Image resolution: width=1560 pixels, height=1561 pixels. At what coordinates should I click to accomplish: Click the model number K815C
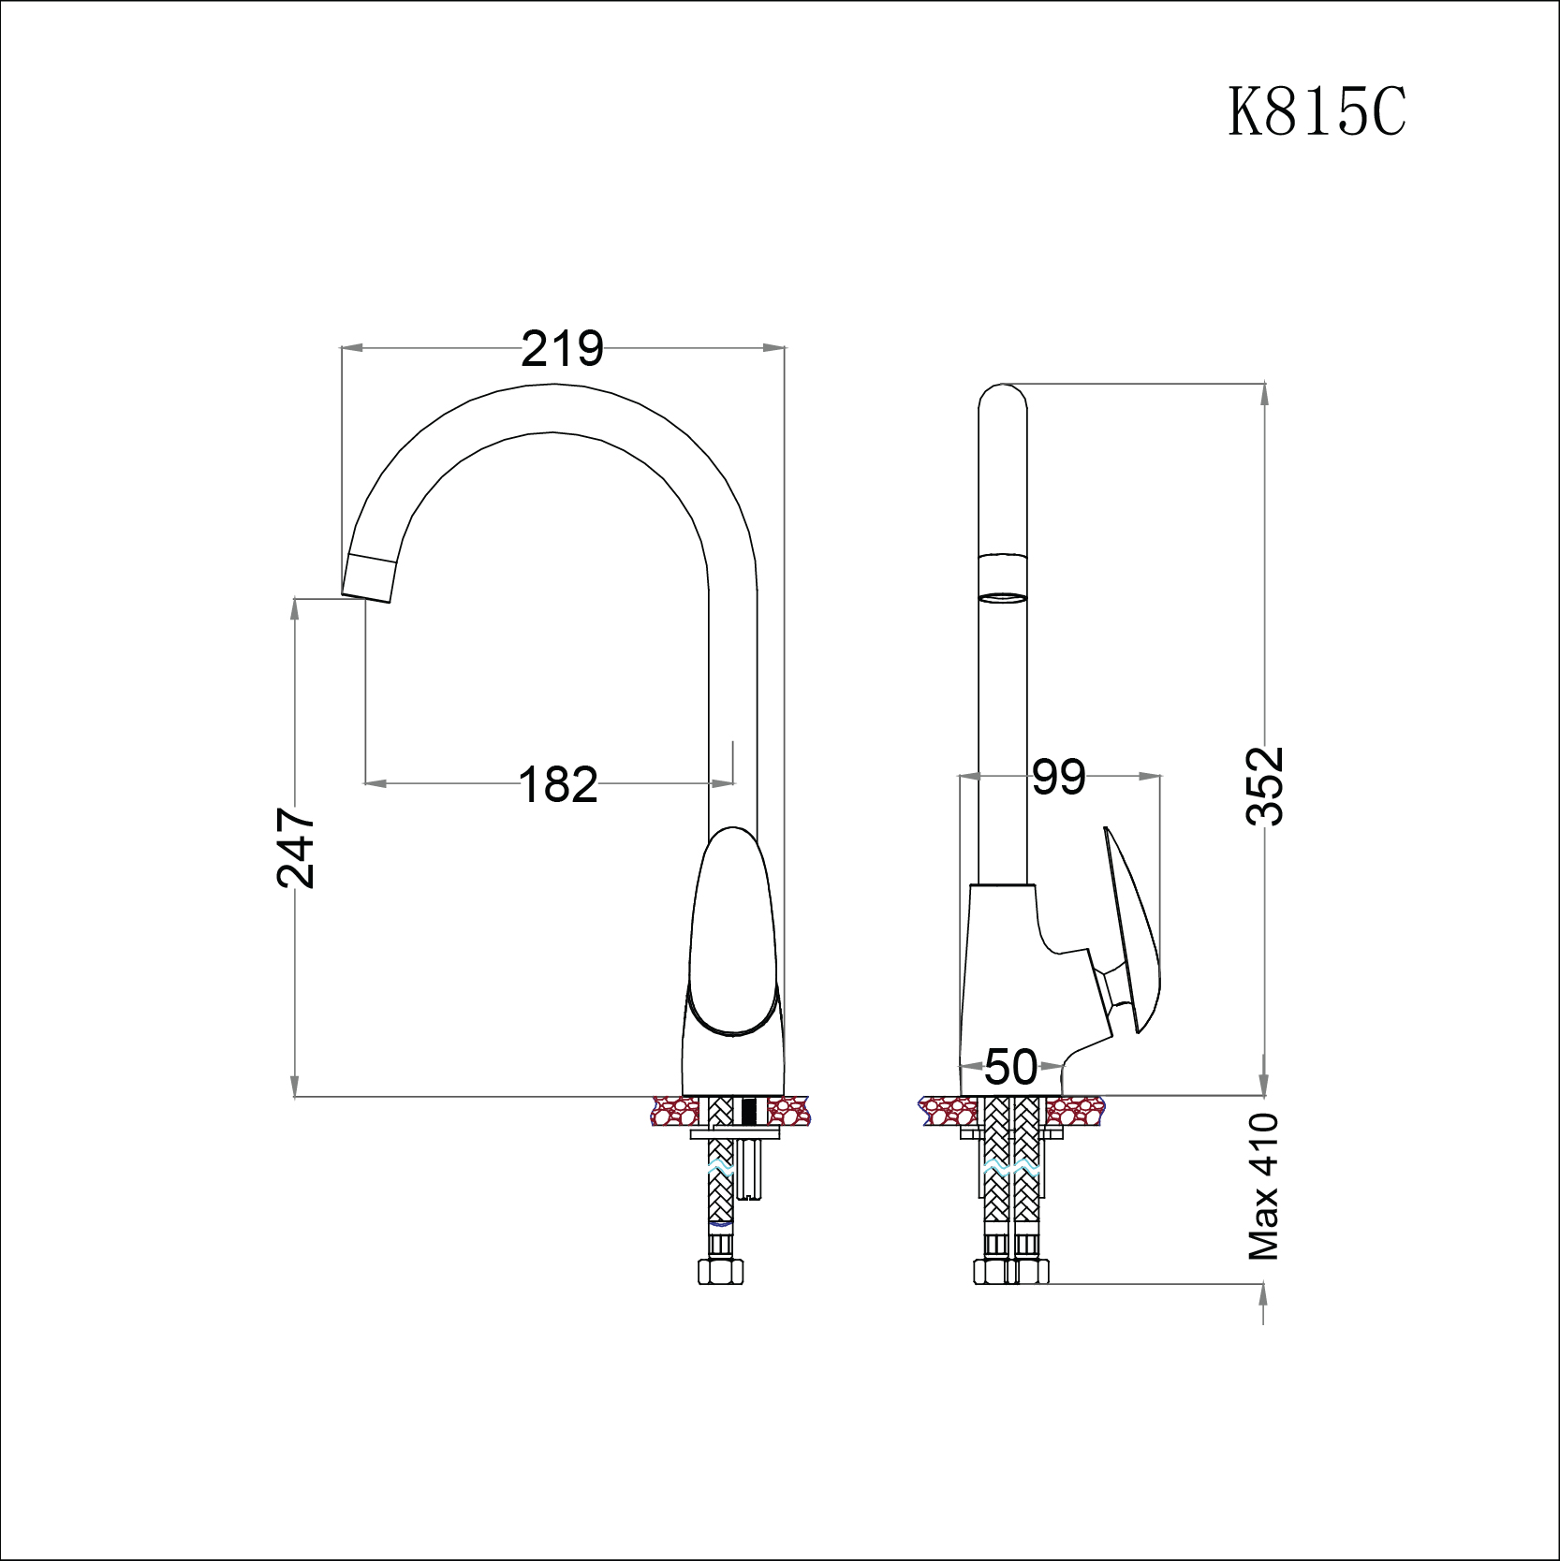[1317, 112]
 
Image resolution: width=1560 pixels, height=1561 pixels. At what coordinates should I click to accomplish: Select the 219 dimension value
[562, 349]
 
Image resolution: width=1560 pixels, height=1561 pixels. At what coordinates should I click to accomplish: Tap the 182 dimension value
[558, 784]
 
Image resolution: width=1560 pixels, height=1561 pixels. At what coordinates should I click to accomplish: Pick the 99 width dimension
[1059, 777]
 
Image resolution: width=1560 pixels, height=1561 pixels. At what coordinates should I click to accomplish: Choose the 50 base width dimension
[1011, 1067]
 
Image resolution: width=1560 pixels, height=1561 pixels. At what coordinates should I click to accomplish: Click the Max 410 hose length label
[1264, 1187]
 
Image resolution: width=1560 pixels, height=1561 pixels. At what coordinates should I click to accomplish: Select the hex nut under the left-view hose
[720, 1271]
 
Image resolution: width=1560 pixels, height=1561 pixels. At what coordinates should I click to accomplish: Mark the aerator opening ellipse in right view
[1002, 597]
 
